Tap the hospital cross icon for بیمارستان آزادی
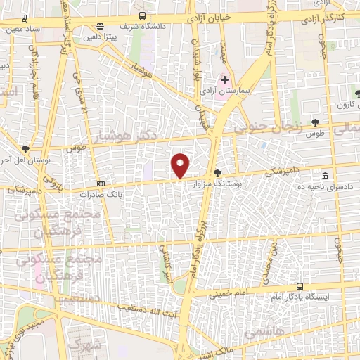tap(224, 79)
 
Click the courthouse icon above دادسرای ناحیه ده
tap(324, 175)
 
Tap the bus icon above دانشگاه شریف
tap(143, 15)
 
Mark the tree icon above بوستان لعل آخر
tap(26, 149)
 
